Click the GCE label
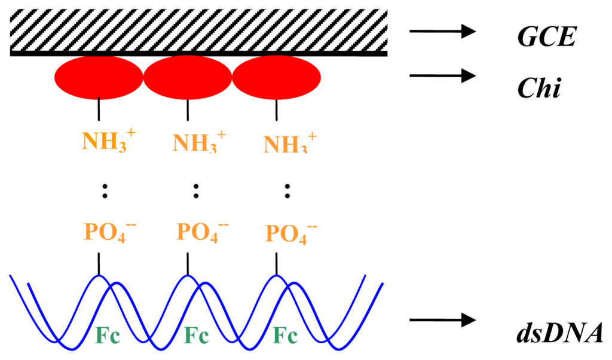click(x=546, y=37)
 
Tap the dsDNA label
click(x=560, y=332)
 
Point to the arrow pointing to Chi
click(x=442, y=75)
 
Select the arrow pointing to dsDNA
click(x=442, y=321)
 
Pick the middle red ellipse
click(x=188, y=78)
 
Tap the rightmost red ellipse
click(x=276, y=78)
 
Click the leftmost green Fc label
click(x=109, y=336)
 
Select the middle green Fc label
click(x=197, y=336)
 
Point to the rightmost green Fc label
click(x=286, y=336)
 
